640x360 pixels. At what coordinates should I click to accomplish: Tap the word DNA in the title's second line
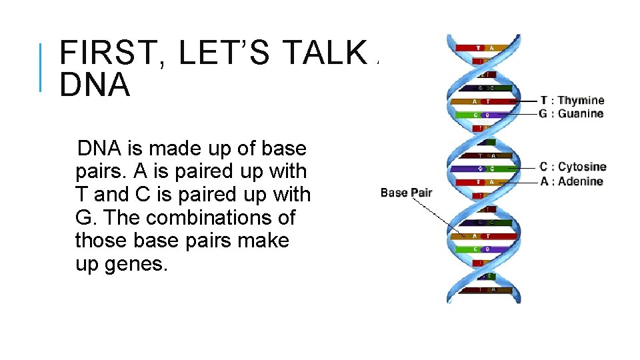click(x=95, y=85)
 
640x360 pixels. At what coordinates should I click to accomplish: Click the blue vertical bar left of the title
click(x=41, y=67)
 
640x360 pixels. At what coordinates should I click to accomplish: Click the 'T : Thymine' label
click(x=572, y=101)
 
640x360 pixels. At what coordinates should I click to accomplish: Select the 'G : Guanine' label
click(x=571, y=114)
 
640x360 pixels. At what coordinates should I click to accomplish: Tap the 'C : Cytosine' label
click(x=573, y=167)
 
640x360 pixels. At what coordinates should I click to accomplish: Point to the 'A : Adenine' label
click(x=571, y=181)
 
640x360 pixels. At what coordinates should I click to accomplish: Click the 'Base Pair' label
click(x=406, y=193)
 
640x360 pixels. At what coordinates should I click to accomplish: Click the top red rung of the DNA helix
click(x=483, y=48)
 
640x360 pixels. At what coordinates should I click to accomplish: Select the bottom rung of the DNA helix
click(x=483, y=289)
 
